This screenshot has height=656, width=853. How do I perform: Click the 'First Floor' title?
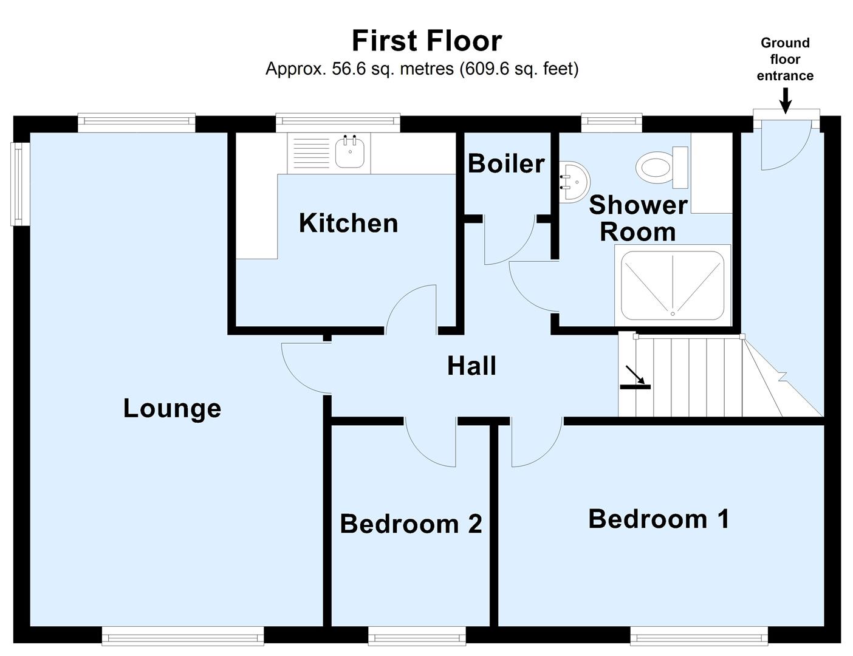click(426, 41)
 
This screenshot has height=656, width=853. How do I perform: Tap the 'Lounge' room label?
click(172, 408)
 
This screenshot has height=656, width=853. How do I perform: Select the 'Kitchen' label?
click(348, 224)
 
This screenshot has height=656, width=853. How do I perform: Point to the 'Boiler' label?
click(506, 164)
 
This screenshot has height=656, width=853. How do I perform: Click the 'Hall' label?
click(471, 366)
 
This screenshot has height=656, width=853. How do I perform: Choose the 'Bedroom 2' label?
click(411, 524)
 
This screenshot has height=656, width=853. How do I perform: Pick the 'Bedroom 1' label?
click(659, 519)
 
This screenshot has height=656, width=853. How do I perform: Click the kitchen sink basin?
click(351, 152)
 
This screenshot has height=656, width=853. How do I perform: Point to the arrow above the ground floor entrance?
click(785, 100)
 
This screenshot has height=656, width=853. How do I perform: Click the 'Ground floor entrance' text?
click(785, 60)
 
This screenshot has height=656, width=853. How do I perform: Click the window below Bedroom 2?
click(417, 637)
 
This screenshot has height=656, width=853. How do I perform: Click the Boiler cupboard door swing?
click(507, 243)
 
